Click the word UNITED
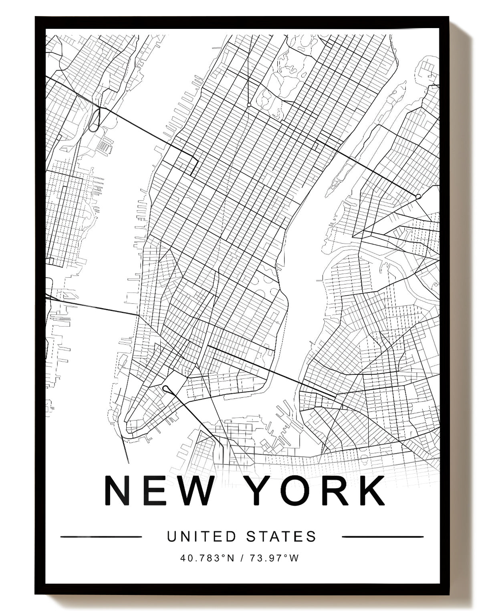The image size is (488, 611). click(202, 536)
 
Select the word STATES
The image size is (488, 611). click(281, 536)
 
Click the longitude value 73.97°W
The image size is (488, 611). click(274, 558)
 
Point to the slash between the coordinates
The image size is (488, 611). click(242, 558)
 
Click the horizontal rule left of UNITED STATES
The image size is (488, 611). click(101, 536)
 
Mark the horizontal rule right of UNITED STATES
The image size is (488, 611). click(383, 536)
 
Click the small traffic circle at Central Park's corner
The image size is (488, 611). click(249, 105)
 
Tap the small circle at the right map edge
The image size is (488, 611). click(418, 197)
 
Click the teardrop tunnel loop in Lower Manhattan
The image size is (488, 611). click(165, 388)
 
